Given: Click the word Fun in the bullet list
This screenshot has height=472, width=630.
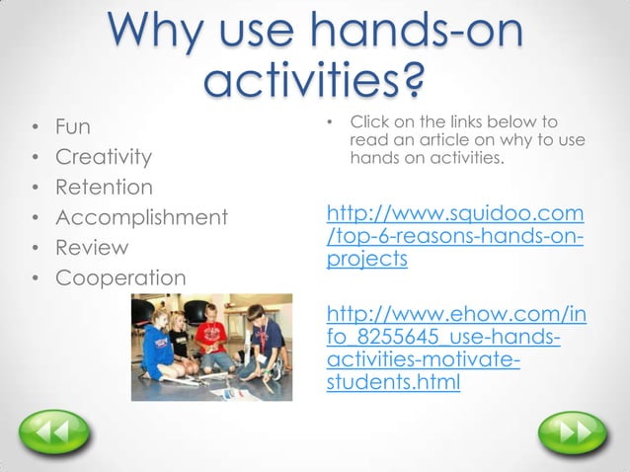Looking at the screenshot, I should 72,127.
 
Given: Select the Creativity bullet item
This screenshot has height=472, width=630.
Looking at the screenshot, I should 104,157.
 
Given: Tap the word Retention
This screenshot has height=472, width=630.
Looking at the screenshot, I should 104,187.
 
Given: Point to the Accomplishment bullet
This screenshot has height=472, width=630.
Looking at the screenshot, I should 141,217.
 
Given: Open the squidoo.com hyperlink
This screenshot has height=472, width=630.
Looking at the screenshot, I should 454,236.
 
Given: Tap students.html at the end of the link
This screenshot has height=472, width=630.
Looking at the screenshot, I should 392,383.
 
